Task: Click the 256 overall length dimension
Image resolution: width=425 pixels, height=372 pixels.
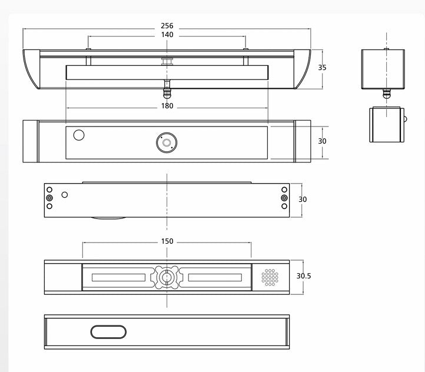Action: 167,26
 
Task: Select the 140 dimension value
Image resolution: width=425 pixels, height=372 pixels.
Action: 167,35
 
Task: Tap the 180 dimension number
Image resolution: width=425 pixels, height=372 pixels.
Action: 167,106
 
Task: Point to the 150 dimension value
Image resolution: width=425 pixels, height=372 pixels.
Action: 167,241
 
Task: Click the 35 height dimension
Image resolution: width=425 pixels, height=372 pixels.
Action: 322,68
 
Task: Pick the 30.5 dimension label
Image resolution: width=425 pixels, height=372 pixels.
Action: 304,276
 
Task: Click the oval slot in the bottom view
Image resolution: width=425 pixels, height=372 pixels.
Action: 108,332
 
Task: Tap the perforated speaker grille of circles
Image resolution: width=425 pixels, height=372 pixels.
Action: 270,277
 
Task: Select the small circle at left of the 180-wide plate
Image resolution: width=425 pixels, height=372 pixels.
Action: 79,135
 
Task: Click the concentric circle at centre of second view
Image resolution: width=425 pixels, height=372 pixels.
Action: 167,143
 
